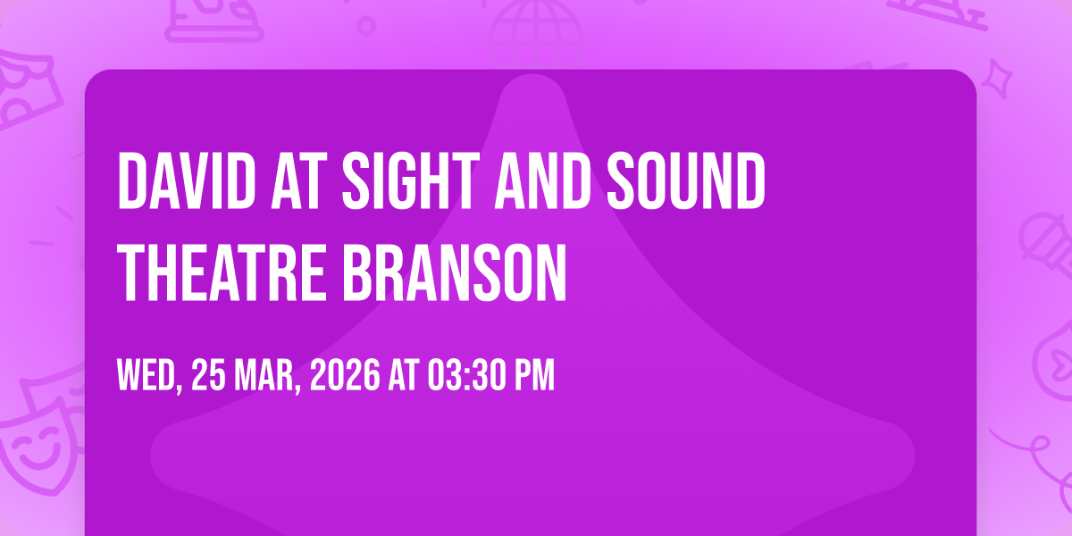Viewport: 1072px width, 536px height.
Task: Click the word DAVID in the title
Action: (x=187, y=180)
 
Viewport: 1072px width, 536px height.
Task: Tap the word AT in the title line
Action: (x=296, y=180)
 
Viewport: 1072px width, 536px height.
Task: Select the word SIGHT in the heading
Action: (x=411, y=180)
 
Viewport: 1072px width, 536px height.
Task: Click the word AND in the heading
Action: (x=542, y=180)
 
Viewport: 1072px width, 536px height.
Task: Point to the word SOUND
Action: (x=686, y=180)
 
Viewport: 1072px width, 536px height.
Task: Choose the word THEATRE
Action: (x=222, y=272)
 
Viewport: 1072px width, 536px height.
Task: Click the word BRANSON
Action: (x=455, y=272)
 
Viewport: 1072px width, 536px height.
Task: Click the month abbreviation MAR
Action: (x=265, y=376)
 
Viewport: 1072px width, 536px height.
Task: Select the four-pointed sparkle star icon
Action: (x=997, y=79)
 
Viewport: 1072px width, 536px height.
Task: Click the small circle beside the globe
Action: (x=366, y=26)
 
